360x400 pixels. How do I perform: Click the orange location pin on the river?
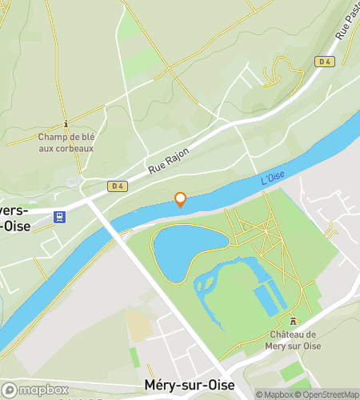point(181,199)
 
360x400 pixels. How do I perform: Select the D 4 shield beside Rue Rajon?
point(118,186)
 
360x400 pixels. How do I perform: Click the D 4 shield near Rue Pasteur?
point(324,61)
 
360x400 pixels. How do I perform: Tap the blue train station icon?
point(59,216)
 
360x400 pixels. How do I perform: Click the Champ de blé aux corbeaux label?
point(66,142)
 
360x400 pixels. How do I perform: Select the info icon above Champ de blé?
point(66,124)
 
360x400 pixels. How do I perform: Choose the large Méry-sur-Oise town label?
point(190,385)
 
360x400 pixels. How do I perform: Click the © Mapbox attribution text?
point(274,394)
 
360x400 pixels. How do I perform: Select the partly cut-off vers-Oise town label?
point(16,218)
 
